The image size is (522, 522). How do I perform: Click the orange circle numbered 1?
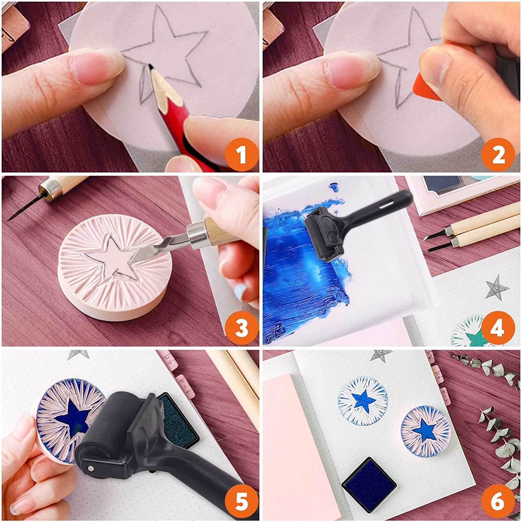tap(241, 154)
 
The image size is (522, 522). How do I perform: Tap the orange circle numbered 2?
tap(498, 154)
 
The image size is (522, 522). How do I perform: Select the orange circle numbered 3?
tap(241, 328)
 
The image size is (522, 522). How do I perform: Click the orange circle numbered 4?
tap(498, 328)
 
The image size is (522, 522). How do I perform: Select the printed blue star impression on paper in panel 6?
tap(363, 401)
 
